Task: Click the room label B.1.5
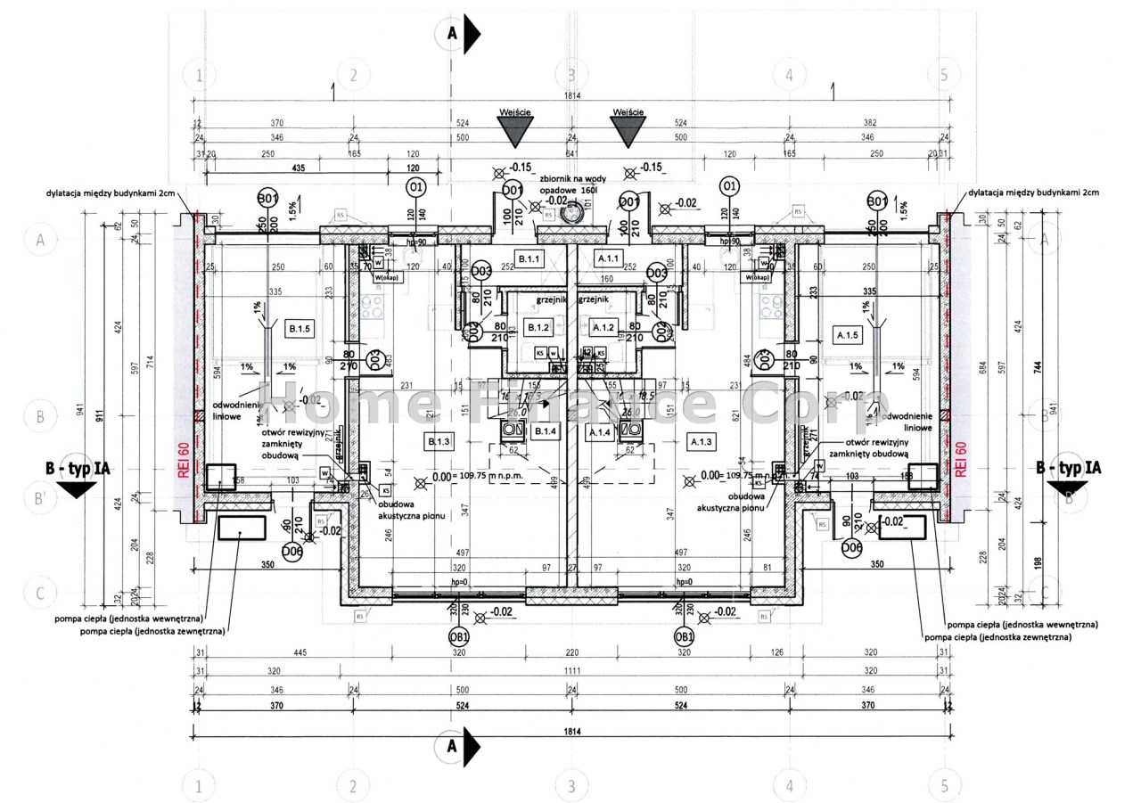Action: point(298,331)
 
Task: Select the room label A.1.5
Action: point(845,334)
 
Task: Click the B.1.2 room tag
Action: point(537,328)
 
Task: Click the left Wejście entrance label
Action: point(517,111)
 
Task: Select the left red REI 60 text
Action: point(183,461)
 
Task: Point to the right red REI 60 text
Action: point(961,461)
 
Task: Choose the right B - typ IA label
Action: point(1068,468)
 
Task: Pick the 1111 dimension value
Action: point(571,670)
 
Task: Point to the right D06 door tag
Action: point(853,547)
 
